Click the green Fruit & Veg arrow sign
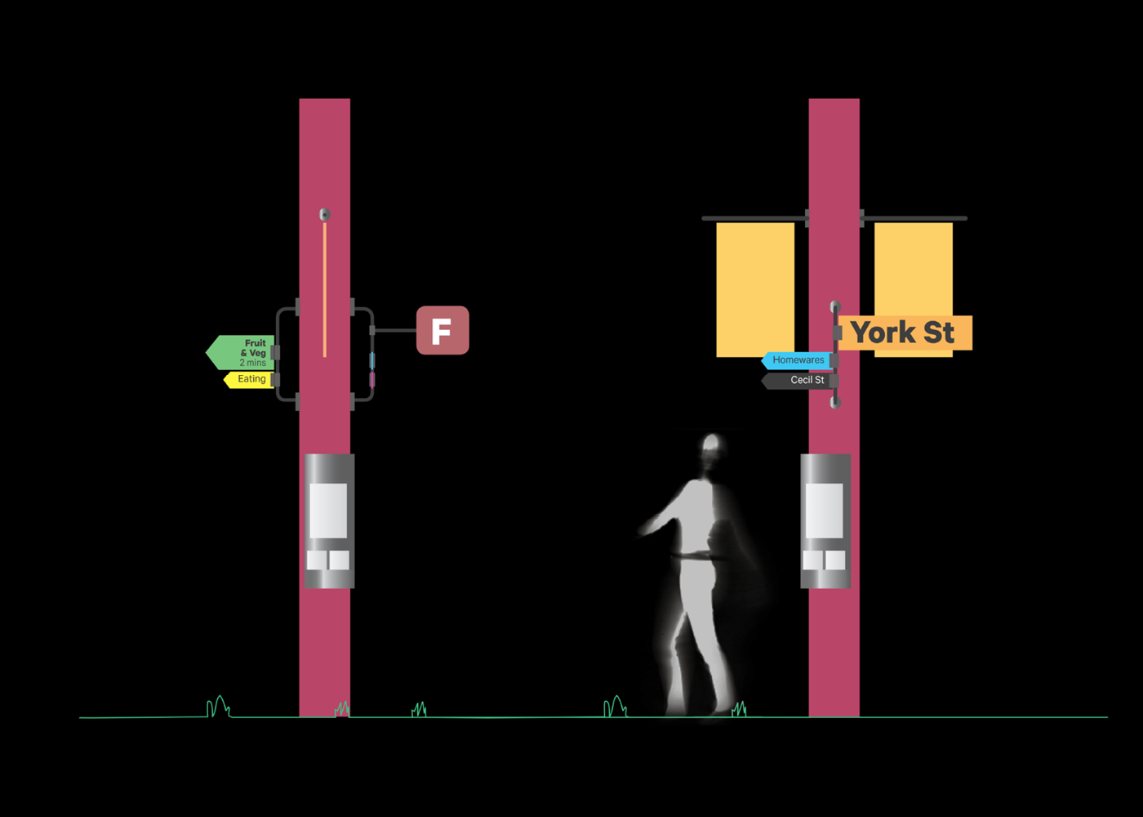(x=240, y=352)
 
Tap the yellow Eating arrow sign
(x=250, y=379)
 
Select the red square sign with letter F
(x=443, y=330)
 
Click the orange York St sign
(x=905, y=333)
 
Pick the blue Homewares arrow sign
(x=797, y=360)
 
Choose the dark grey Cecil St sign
(x=797, y=381)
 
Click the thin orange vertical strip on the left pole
(x=325, y=289)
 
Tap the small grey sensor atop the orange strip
(x=325, y=214)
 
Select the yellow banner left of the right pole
(x=755, y=289)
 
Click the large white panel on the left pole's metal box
(x=328, y=511)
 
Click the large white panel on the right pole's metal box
(x=824, y=511)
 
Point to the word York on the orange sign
(x=883, y=333)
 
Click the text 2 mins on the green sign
(x=252, y=363)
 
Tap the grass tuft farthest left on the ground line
(x=219, y=707)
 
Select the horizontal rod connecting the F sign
(x=395, y=330)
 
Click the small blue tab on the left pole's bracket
(x=372, y=360)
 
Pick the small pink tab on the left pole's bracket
(x=372, y=379)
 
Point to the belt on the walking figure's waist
(x=696, y=556)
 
